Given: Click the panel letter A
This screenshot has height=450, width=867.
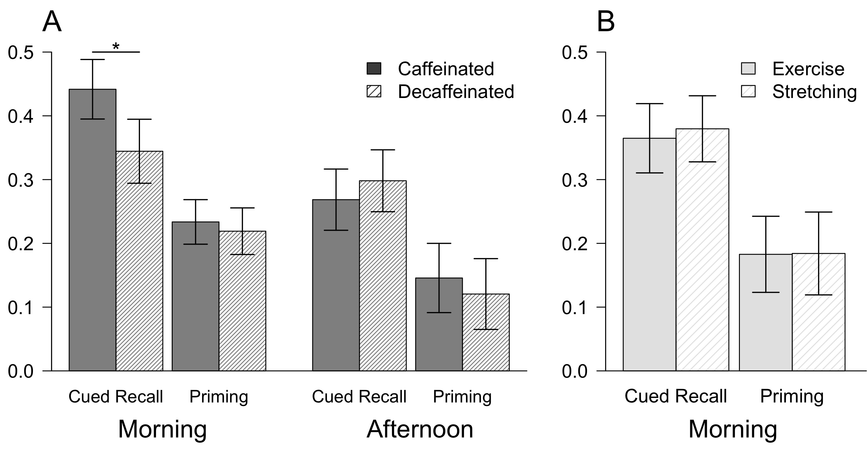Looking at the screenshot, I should [52, 22].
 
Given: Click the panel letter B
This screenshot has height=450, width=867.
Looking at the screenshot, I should [605, 22].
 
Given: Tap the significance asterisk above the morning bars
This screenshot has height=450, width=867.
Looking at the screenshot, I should [116, 47].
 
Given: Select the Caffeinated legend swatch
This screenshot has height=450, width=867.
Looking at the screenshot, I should [374, 69].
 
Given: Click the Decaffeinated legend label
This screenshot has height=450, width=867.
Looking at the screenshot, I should [456, 92].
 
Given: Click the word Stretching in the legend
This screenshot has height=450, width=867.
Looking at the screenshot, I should [815, 92].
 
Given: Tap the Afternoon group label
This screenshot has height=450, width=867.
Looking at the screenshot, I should [420, 429].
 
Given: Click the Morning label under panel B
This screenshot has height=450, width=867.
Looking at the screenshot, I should [733, 429].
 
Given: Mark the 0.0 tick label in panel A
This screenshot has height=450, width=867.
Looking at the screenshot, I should [21, 371].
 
